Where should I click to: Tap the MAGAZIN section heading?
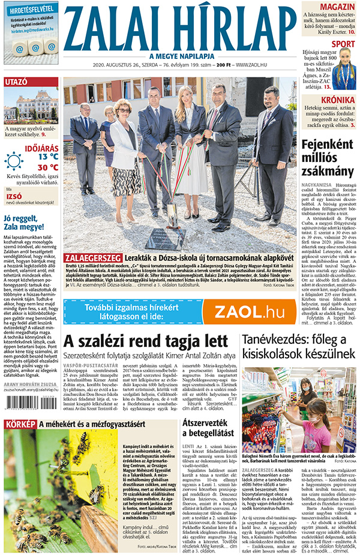point(337,7)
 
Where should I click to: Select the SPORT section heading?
point(343,44)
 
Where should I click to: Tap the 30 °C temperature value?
point(47,167)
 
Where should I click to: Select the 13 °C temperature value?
point(47,157)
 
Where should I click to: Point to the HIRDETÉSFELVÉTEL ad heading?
point(31,9)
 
